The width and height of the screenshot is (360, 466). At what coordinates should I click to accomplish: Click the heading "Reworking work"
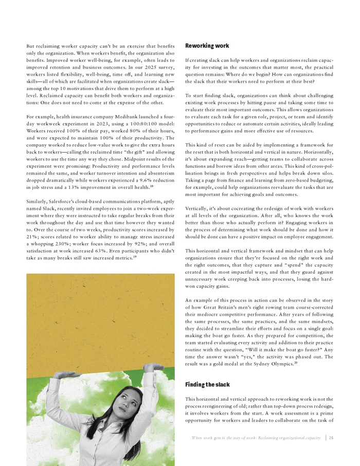[207, 46]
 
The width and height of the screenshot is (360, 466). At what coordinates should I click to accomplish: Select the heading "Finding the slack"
[207, 384]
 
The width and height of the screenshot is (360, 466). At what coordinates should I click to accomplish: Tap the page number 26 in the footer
[332, 438]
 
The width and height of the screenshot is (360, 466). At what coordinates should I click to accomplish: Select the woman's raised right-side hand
[153, 367]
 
